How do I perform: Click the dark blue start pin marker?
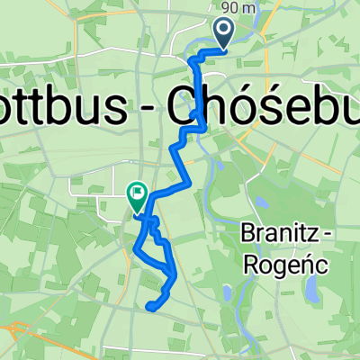coord(223,34)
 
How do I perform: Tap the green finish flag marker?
coord(136,193)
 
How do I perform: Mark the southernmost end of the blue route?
coord(148,307)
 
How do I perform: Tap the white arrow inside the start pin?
coord(223,32)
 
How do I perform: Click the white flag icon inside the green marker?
coord(136,190)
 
